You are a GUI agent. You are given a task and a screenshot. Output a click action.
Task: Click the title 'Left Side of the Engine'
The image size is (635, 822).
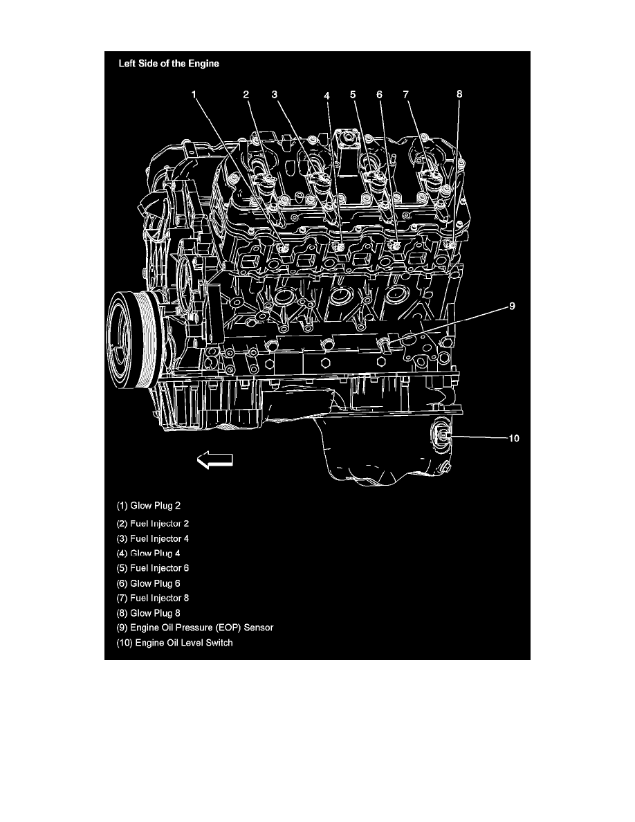point(169,64)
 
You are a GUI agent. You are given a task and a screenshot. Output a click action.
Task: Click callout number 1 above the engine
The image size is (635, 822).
point(194,94)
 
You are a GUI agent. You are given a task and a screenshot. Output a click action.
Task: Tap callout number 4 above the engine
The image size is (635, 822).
point(327,95)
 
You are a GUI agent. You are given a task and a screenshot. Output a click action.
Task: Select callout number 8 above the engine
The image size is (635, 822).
point(459,94)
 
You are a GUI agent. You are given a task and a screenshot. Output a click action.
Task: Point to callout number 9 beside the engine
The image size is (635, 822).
point(512,306)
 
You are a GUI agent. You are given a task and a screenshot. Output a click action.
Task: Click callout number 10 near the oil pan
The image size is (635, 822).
point(514,438)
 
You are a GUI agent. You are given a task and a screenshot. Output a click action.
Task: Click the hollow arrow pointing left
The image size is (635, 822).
point(215,459)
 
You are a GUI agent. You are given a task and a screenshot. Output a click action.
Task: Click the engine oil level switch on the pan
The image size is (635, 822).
point(440,435)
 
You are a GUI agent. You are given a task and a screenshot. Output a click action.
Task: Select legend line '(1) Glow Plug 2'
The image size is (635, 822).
point(148,506)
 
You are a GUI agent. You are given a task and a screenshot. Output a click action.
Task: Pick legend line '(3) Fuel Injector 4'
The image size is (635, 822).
point(152,538)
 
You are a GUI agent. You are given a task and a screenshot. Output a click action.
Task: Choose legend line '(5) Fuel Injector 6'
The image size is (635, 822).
point(152,568)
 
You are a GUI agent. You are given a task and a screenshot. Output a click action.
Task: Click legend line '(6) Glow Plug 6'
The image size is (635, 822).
point(148,583)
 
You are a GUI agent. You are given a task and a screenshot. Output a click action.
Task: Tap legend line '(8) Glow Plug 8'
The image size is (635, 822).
point(148,613)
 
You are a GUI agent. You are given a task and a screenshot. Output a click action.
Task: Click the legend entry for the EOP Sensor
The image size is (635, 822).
point(195,628)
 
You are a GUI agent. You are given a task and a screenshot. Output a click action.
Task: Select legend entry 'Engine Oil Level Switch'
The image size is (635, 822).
point(174,643)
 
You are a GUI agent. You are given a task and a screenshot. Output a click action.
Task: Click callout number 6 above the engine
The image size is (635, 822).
point(379,94)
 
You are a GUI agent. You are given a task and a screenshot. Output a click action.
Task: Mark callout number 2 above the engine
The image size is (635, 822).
point(246,94)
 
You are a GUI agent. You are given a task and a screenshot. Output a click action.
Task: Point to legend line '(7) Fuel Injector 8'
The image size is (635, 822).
point(152,598)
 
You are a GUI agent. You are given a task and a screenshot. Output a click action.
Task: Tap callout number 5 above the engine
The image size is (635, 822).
point(353,94)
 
